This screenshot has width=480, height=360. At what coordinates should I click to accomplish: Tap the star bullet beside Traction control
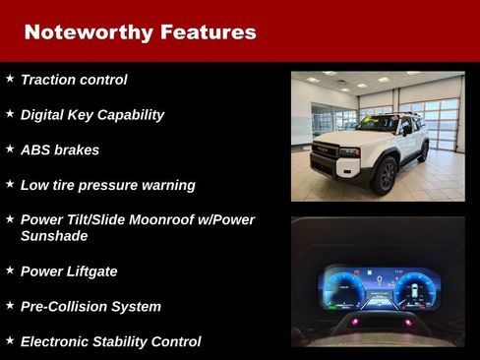pos(10,79)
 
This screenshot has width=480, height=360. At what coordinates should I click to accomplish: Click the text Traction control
pos(74,80)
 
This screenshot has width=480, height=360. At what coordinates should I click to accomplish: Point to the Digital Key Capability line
pos(92,115)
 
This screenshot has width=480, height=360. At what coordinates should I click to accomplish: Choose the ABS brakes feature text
pos(60,150)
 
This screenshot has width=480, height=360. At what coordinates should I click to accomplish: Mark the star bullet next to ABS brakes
pos(10,150)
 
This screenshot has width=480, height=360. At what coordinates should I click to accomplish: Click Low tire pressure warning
pos(108,186)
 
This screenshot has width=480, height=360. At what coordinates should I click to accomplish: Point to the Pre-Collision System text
pos(90,307)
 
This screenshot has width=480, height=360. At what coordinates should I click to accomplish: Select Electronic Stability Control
pos(110,342)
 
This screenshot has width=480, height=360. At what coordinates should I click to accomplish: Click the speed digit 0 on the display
pos(379,278)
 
